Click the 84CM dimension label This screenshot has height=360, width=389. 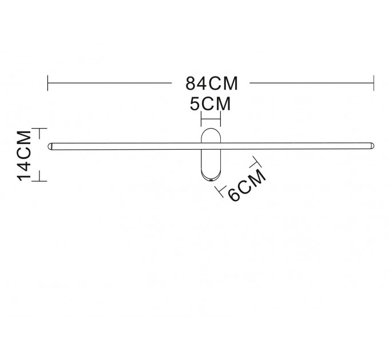212,83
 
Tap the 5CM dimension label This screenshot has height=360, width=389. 211,104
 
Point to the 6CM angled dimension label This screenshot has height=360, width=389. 247,185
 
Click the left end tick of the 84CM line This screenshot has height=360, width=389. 47,83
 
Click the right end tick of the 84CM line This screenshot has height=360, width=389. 374,83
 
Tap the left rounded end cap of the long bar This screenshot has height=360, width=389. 50,146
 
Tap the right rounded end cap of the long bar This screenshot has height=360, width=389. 372,146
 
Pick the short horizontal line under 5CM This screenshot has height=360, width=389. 211,119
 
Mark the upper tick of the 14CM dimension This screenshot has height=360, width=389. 39,129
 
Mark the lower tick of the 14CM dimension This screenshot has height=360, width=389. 39,181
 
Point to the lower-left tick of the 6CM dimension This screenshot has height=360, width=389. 221,191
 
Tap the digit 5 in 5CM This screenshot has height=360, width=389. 194,104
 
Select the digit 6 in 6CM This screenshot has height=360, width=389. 234,195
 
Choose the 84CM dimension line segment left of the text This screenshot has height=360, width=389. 110,83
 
